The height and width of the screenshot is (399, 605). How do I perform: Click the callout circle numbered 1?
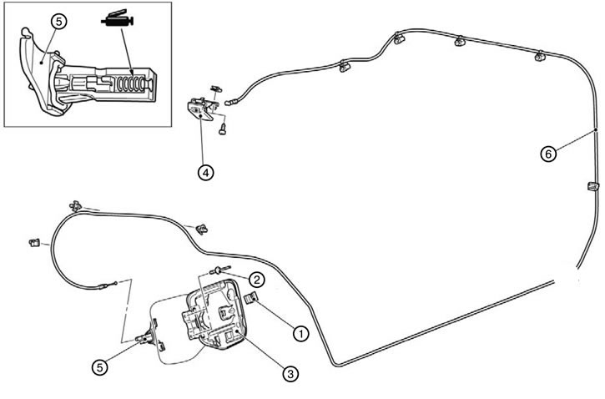point(301,334)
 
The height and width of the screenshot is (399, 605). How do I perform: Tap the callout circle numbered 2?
point(256,279)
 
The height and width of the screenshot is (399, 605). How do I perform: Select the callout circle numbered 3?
point(290,373)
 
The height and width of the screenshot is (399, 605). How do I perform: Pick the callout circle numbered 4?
point(205,173)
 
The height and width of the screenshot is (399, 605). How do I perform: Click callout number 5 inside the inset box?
point(58,22)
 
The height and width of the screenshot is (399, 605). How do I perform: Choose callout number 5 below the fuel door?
point(99,367)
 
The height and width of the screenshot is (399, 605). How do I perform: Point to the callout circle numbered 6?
point(548,154)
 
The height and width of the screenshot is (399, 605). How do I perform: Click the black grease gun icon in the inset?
point(118,18)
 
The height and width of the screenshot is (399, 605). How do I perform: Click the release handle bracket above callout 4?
point(201,109)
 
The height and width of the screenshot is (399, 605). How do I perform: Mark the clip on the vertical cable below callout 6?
point(592,186)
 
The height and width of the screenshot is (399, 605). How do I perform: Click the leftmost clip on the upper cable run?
point(344,67)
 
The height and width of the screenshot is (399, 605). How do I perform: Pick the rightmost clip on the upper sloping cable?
point(539,56)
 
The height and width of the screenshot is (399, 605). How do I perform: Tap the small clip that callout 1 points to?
point(252,298)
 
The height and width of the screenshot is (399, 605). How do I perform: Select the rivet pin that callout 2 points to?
point(220,270)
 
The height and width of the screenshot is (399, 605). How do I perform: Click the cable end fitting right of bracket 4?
point(230,103)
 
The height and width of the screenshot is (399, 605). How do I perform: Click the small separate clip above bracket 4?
point(216,88)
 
